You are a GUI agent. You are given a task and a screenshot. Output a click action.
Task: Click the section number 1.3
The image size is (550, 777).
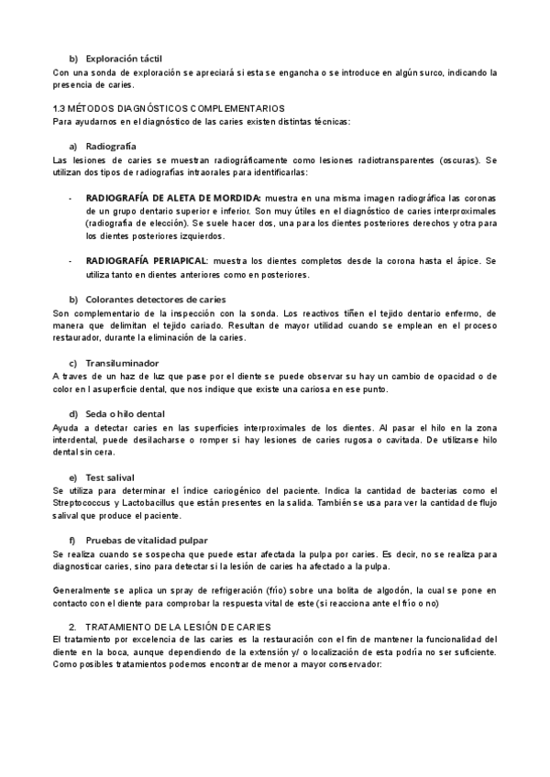point(60,108)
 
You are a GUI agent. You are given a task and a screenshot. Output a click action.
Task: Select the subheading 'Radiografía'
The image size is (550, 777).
point(111,147)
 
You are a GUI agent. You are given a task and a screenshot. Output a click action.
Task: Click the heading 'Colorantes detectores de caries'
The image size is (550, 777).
point(155,300)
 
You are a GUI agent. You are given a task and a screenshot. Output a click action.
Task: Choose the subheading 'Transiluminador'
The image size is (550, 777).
point(122,363)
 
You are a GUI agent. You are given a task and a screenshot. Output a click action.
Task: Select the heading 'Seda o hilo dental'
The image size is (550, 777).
point(126,414)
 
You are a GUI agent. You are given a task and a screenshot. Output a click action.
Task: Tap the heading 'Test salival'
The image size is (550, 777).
point(110,477)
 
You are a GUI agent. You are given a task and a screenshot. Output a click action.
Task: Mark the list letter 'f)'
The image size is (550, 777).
point(73,541)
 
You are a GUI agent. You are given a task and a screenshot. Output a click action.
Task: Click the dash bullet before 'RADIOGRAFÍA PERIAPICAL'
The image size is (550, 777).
point(71,261)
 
